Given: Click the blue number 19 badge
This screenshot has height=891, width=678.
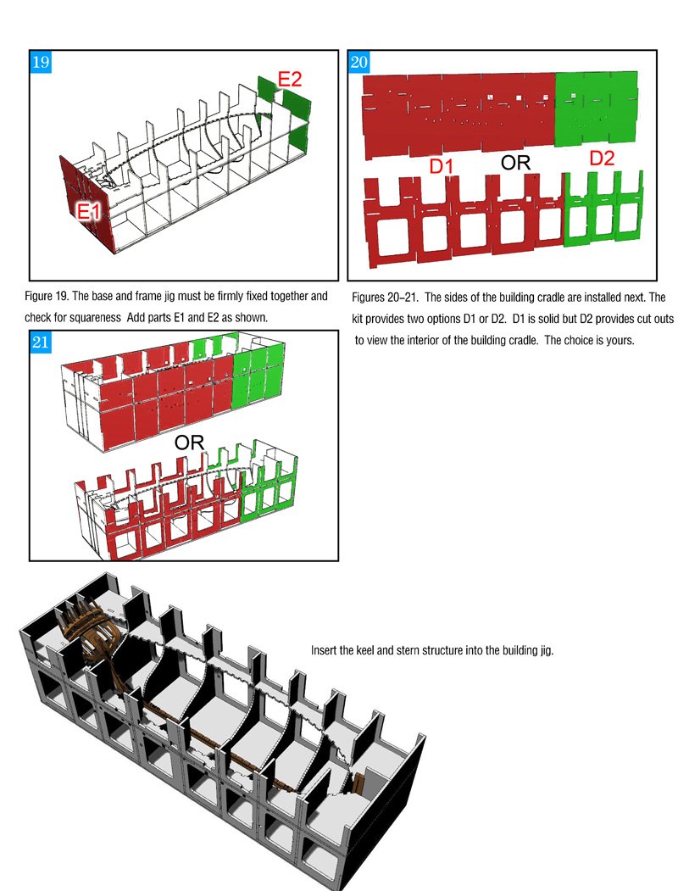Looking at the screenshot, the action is (41, 62).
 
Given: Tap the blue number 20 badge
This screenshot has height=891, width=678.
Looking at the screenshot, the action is (358, 62).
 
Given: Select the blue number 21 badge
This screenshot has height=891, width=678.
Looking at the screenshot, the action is (41, 342).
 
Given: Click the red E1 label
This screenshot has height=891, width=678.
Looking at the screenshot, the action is (89, 212).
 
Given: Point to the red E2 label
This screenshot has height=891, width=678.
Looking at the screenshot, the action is (290, 80).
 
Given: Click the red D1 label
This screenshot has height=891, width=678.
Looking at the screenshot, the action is (442, 166).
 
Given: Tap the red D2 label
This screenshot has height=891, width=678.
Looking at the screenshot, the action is (602, 158).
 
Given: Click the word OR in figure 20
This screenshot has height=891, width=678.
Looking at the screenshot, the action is (515, 163).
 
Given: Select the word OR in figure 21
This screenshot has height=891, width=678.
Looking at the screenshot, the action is (189, 443).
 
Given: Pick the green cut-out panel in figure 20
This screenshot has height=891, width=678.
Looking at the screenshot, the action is (603, 208).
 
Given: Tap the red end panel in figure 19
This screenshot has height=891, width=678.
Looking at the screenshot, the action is (86, 202).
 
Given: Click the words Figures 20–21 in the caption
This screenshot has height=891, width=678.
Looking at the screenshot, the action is (385, 298).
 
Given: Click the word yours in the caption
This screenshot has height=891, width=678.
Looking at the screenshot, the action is (620, 340).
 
